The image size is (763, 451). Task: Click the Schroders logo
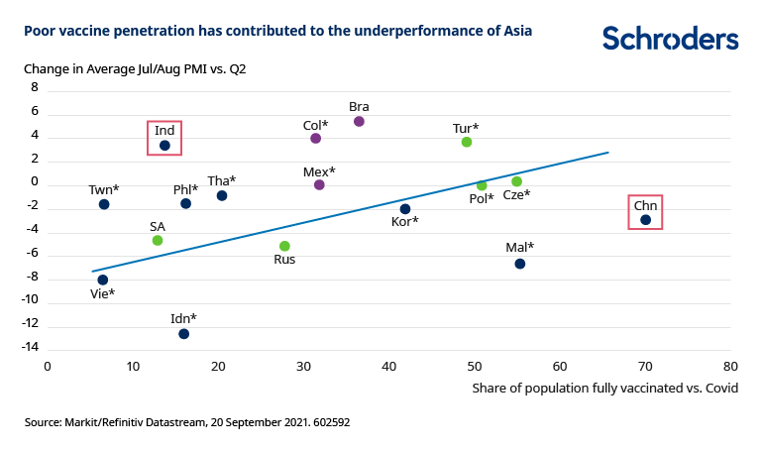coord(670,39)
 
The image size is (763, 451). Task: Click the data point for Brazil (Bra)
coord(359,121)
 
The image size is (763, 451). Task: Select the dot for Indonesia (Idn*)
coord(183,333)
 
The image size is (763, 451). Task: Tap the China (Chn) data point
coord(645,220)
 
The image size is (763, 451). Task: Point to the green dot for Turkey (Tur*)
coord(467,142)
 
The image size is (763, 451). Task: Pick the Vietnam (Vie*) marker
coord(103,280)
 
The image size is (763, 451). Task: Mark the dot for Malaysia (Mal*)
coord(519,264)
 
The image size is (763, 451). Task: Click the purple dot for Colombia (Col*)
coord(315,139)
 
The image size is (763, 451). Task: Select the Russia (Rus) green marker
coord(284,246)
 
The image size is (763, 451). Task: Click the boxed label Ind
coord(164,130)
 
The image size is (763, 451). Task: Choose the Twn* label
coord(103,189)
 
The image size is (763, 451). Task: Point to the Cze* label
coord(516,194)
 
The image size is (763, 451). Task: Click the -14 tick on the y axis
coord(30,347)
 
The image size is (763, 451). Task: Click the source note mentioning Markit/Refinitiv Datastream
coord(187,422)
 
